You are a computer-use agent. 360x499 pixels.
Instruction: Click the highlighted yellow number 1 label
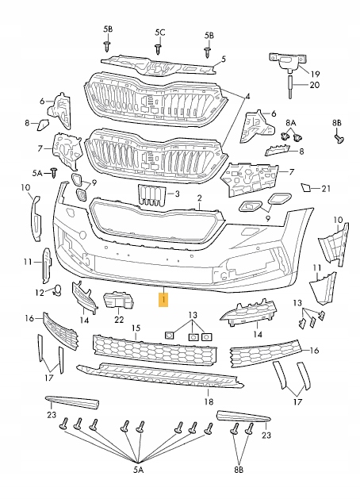coord(163,300)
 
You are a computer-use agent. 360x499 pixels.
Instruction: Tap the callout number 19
coord(315,74)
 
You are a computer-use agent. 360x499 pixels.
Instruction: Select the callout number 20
coord(314,85)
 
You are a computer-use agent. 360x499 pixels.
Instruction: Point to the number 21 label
coord(326,189)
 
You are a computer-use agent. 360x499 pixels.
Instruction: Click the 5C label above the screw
coord(160,33)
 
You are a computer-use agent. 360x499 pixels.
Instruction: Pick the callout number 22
coord(119,319)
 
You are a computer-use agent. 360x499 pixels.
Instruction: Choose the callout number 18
coord(209,401)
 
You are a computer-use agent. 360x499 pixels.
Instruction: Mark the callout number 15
coord(136,328)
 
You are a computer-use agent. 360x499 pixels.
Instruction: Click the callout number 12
coord(40,292)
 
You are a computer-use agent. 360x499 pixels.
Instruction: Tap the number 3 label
coord(177,194)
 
